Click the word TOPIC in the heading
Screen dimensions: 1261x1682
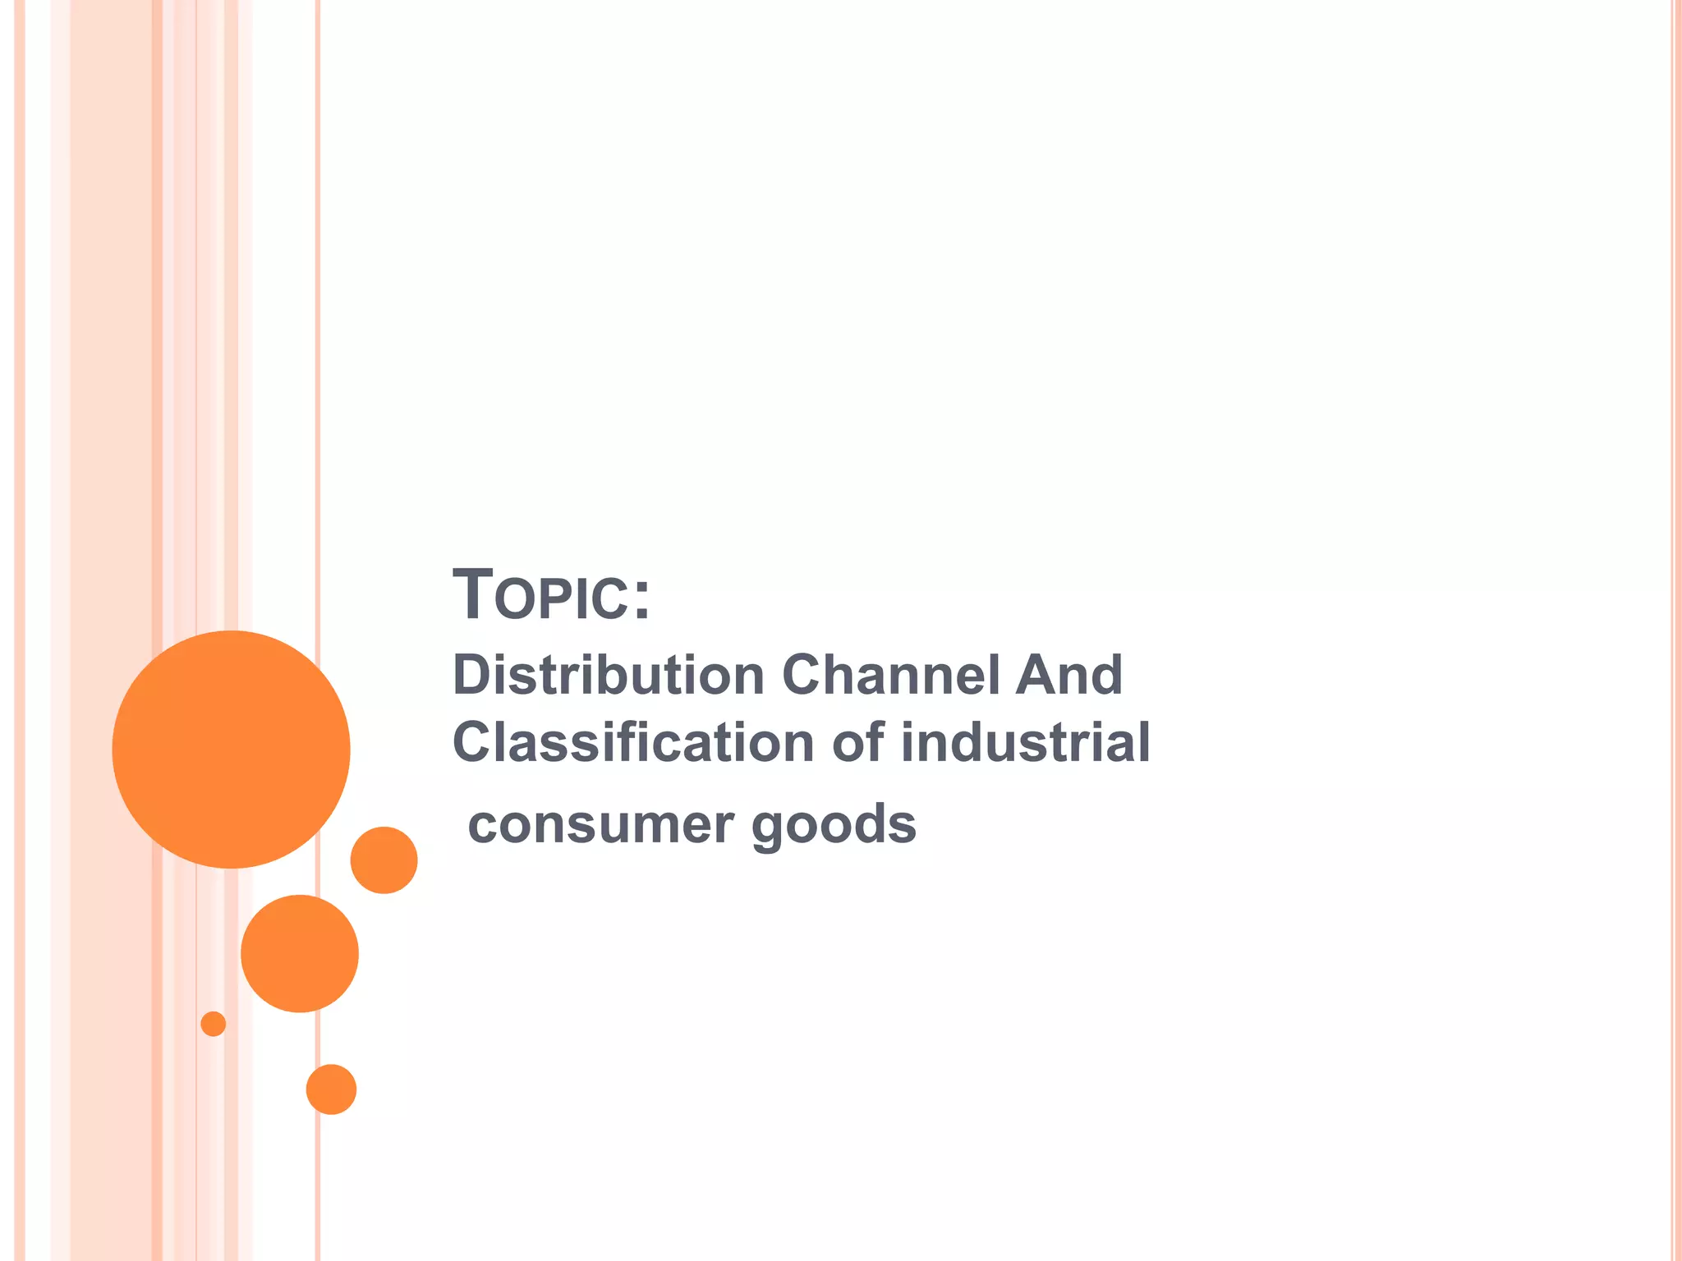click(543, 595)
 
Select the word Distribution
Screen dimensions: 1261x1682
click(609, 675)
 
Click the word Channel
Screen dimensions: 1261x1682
click(890, 675)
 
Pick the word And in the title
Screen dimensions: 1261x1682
click(1068, 675)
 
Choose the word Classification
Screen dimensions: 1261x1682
click(633, 742)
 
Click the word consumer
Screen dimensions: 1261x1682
click(600, 824)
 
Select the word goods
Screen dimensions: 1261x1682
click(834, 826)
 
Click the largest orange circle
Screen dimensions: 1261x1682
click(232, 749)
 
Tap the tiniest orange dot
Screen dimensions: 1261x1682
click(214, 1024)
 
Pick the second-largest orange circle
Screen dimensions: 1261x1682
click(300, 953)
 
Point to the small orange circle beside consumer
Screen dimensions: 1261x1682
click(384, 860)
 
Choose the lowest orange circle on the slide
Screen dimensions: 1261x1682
click(331, 1089)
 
